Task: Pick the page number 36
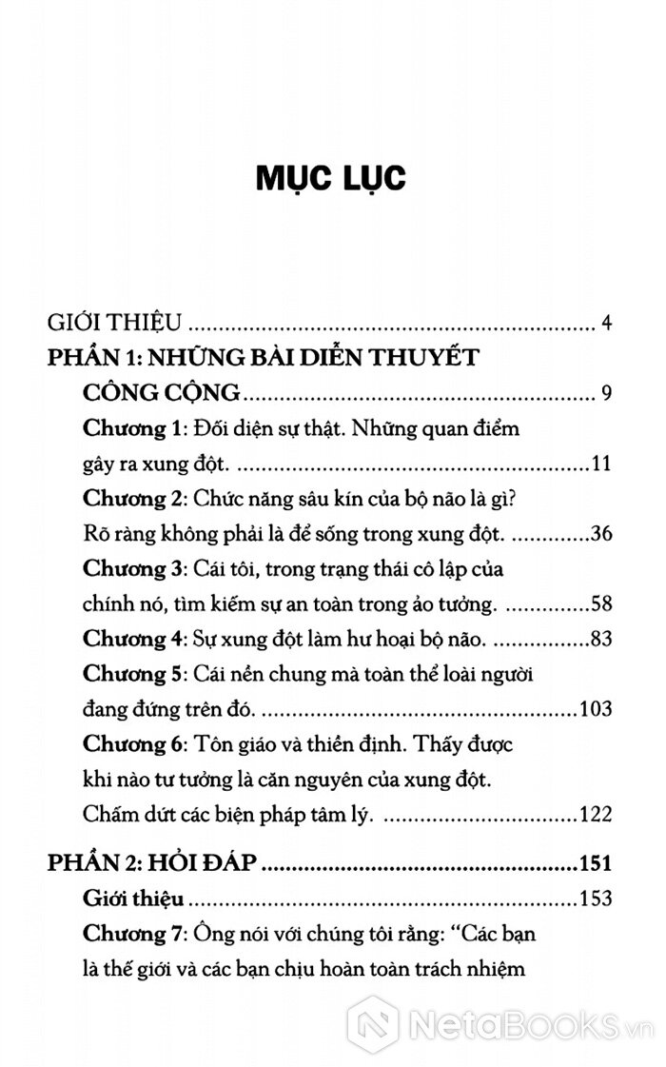[598, 534]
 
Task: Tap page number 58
[598, 604]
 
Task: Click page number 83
[598, 639]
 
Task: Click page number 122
[595, 815]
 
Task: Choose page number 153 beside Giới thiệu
[595, 898]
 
